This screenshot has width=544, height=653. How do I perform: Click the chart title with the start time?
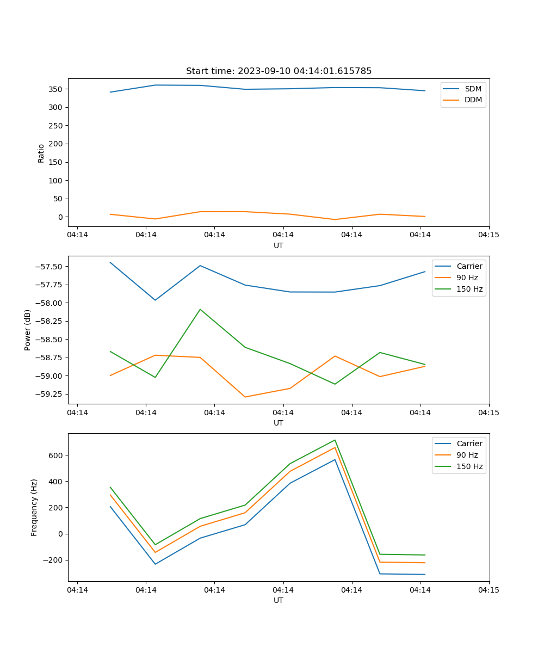[279, 71]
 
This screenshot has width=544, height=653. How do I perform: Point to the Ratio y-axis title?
[41, 153]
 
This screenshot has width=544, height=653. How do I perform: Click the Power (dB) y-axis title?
[28, 330]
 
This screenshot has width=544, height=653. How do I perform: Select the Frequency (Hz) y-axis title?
[34, 507]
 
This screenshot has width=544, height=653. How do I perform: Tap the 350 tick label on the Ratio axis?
[56, 89]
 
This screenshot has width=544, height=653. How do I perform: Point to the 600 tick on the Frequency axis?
[56, 455]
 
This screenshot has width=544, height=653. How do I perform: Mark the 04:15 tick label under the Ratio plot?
[488, 235]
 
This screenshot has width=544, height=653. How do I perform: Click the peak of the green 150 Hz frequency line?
[335, 440]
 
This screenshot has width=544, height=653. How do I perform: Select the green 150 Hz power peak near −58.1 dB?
[200, 309]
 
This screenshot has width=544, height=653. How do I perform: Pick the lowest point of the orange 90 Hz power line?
[245, 397]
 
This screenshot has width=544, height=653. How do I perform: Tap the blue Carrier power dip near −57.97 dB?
[155, 300]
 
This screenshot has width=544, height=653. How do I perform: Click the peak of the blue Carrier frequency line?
[335, 459]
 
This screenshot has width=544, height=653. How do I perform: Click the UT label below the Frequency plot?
[279, 600]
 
